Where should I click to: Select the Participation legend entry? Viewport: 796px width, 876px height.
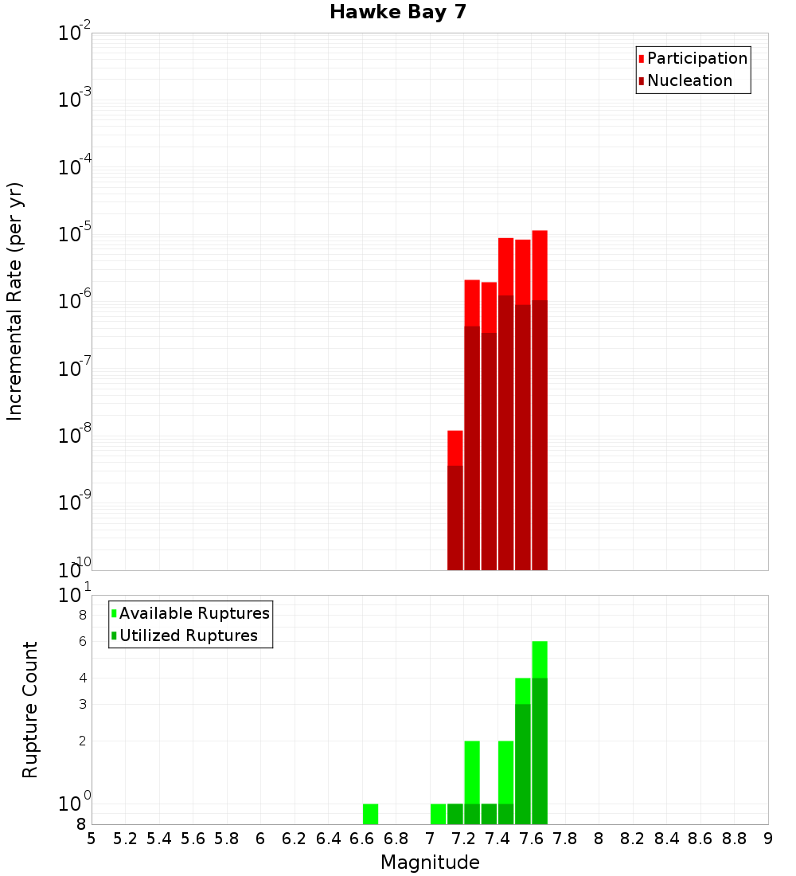coord(696,59)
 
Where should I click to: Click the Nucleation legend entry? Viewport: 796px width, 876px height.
coord(689,81)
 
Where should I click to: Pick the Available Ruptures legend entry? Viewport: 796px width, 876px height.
coord(193,614)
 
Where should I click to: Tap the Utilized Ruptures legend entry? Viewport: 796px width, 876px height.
coord(188,636)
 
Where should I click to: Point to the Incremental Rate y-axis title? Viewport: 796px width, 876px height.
coord(15,301)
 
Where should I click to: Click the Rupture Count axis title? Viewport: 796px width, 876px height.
coord(30,710)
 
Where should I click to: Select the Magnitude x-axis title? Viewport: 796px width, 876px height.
coord(430,862)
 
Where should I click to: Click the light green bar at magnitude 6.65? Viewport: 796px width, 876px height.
coord(370,814)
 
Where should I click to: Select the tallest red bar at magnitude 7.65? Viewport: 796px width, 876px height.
coord(540,398)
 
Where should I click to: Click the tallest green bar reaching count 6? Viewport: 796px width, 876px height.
coord(540,733)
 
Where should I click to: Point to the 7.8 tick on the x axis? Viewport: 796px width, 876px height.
coord(565,839)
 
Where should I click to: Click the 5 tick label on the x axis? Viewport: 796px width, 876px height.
coord(92,839)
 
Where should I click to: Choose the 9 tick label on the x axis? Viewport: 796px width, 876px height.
coord(768,839)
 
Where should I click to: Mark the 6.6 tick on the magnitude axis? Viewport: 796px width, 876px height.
coord(362,839)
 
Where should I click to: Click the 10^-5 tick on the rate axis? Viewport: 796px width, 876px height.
coord(75,234)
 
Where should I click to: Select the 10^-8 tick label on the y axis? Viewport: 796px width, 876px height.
coord(75,436)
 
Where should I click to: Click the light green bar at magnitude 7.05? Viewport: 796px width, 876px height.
coord(438,814)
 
